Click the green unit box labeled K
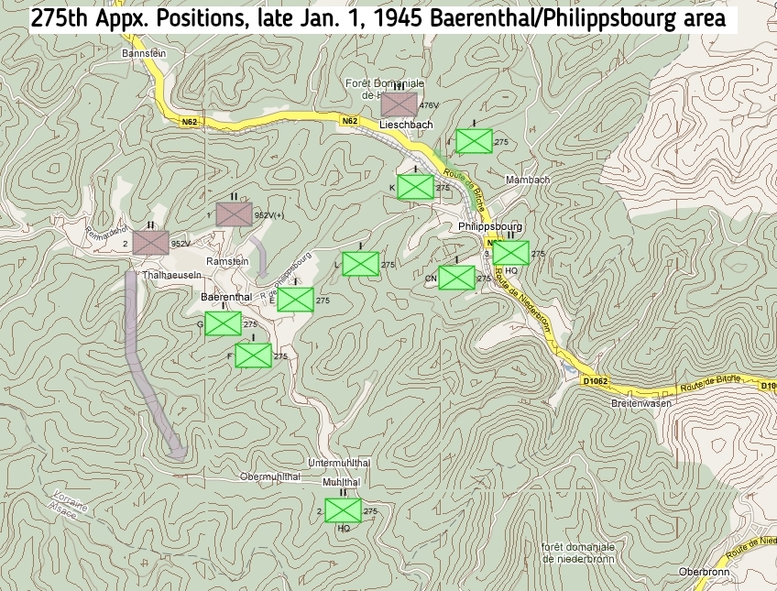coord(416,187)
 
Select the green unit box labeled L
coord(360,264)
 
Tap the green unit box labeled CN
coord(456,277)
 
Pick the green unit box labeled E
coord(296,300)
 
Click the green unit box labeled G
coord(223,323)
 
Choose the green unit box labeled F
coord(253,356)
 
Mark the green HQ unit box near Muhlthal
coord(343,510)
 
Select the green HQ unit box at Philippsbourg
coord(511,252)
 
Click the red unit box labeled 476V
coord(399,104)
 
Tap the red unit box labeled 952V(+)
coord(235,213)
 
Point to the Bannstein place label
coord(142,54)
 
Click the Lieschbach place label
coord(406,125)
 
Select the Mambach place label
coord(528,180)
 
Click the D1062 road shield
coord(595,380)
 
